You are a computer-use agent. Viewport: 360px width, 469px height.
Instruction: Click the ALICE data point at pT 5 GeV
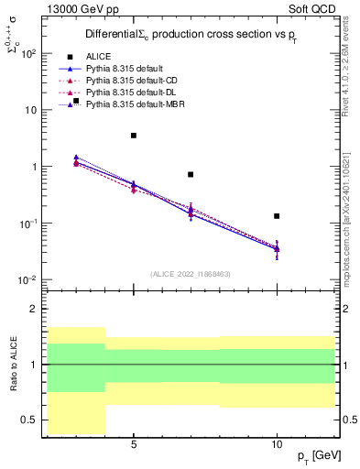pyautogui.click(x=134, y=136)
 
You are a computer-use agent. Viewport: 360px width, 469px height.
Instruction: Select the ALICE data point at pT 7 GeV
pyautogui.click(x=191, y=174)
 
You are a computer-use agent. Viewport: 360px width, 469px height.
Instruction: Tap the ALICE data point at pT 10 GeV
pyautogui.click(x=277, y=216)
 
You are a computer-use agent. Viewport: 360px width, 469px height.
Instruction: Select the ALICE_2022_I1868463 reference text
pyautogui.click(x=190, y=274)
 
